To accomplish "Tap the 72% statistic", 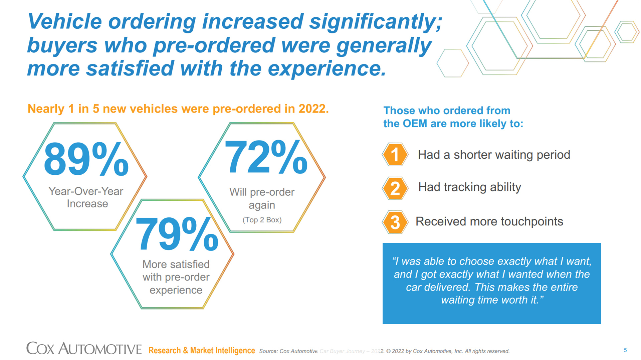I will tap(266, 157).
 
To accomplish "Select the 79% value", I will tap(177, 234).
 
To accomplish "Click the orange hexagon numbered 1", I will tap(395, 155).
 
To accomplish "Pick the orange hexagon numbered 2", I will tap(395, 188).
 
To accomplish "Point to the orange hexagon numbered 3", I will tap(395, 222).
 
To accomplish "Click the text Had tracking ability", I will tap(469, 187).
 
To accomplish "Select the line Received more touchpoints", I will tap(489, 221).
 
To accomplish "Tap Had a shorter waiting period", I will tap(494, 155).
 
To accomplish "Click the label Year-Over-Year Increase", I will tap(86, 197).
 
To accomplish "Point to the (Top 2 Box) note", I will tap(262, 220).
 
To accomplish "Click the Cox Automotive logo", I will tap(84, 349).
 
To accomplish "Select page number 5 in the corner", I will tap(625, 350).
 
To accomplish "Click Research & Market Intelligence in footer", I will tap(202, 351).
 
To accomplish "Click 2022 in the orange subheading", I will tap(312, 109).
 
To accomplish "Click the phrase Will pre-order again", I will tap(262, 198).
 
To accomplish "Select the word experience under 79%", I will tap(176, 290).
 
